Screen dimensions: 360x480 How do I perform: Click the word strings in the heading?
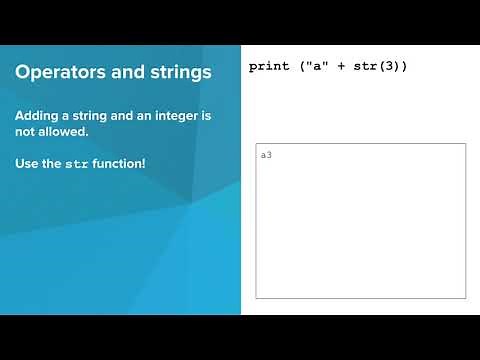point(176,73)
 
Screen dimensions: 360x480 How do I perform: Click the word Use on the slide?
point(26,162)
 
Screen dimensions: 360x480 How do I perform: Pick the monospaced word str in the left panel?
point(76,163)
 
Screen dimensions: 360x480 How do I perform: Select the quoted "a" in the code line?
point(313,67)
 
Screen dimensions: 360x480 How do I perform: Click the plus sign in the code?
point(341,67)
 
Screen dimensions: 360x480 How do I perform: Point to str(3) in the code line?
point(377,67)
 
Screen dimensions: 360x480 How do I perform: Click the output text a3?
point(266,155)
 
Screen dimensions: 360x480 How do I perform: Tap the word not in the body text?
point(25,132)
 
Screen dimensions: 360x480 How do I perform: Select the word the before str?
point(52,162)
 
